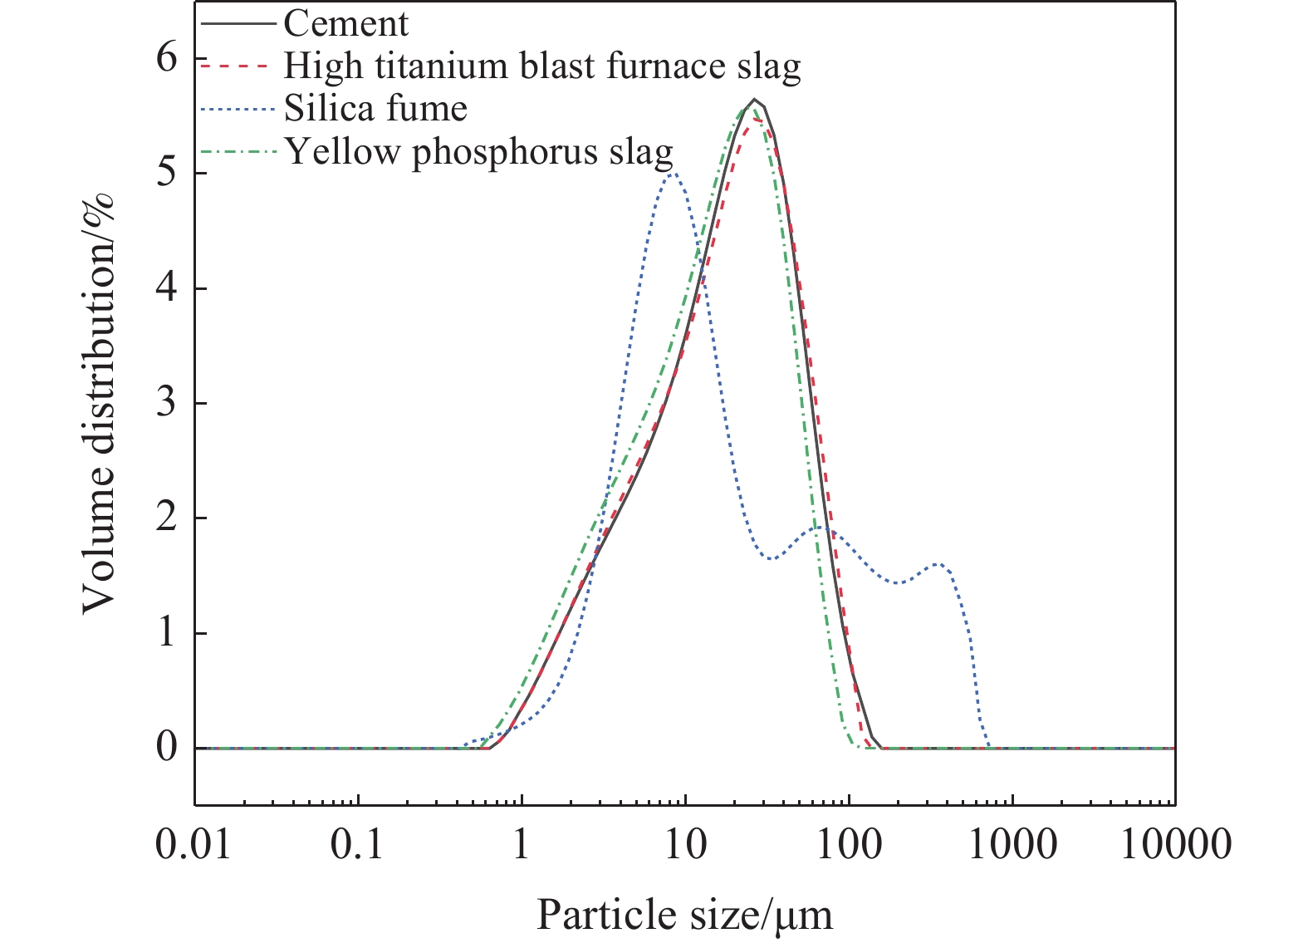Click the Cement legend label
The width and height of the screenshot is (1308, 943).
coord(345,24)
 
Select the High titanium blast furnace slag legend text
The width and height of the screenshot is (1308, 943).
coord(542,66)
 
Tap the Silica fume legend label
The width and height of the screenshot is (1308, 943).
coord(375,109)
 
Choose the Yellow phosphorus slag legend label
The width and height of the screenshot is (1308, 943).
coord(479,152)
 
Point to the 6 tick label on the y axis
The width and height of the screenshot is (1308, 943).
coord(168,59)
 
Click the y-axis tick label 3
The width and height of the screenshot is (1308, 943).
coord(168,404)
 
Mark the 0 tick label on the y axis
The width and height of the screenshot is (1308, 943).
coord(168,748)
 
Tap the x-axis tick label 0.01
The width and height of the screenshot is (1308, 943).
coord(194,846)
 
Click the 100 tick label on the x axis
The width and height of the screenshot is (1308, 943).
coord(848,846)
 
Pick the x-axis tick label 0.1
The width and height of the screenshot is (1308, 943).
coord(358,846)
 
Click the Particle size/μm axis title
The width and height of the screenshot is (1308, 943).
coord(684,916)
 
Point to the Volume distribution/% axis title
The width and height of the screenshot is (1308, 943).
coord(99,404)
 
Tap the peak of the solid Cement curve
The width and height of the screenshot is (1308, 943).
coord(754,100)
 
